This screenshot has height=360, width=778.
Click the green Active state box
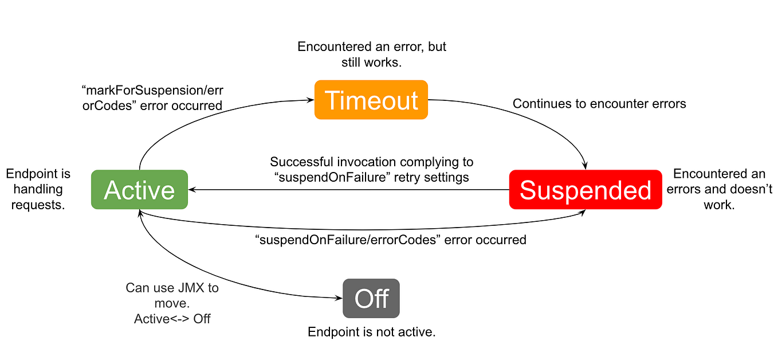tap(139, 190)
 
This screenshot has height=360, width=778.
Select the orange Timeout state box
tap(371, 100)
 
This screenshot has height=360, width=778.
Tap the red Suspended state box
tap(585, 190)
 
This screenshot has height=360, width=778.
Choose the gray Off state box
tap(371, 299)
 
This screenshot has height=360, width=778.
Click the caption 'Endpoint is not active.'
tap(371, 332)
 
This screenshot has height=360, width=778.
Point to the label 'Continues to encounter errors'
tap(599, 104)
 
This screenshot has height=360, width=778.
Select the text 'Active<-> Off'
tap(172, 319)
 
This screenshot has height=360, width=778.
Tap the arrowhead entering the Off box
tap(339, 298)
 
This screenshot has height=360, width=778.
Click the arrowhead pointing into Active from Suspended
tap(193, 190)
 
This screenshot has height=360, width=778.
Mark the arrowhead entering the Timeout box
tap(311, 100)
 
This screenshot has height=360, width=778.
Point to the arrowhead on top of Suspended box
tap(585, 166)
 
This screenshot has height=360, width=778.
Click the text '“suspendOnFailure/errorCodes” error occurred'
tap(390, 240)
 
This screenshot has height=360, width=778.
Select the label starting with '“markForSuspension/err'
tap(152, 98)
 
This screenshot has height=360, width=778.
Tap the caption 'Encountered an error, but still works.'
tap(371, 54)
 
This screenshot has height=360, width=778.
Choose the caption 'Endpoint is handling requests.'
tap(38, 189)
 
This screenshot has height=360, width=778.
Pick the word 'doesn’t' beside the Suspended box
tap(753, 189)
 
